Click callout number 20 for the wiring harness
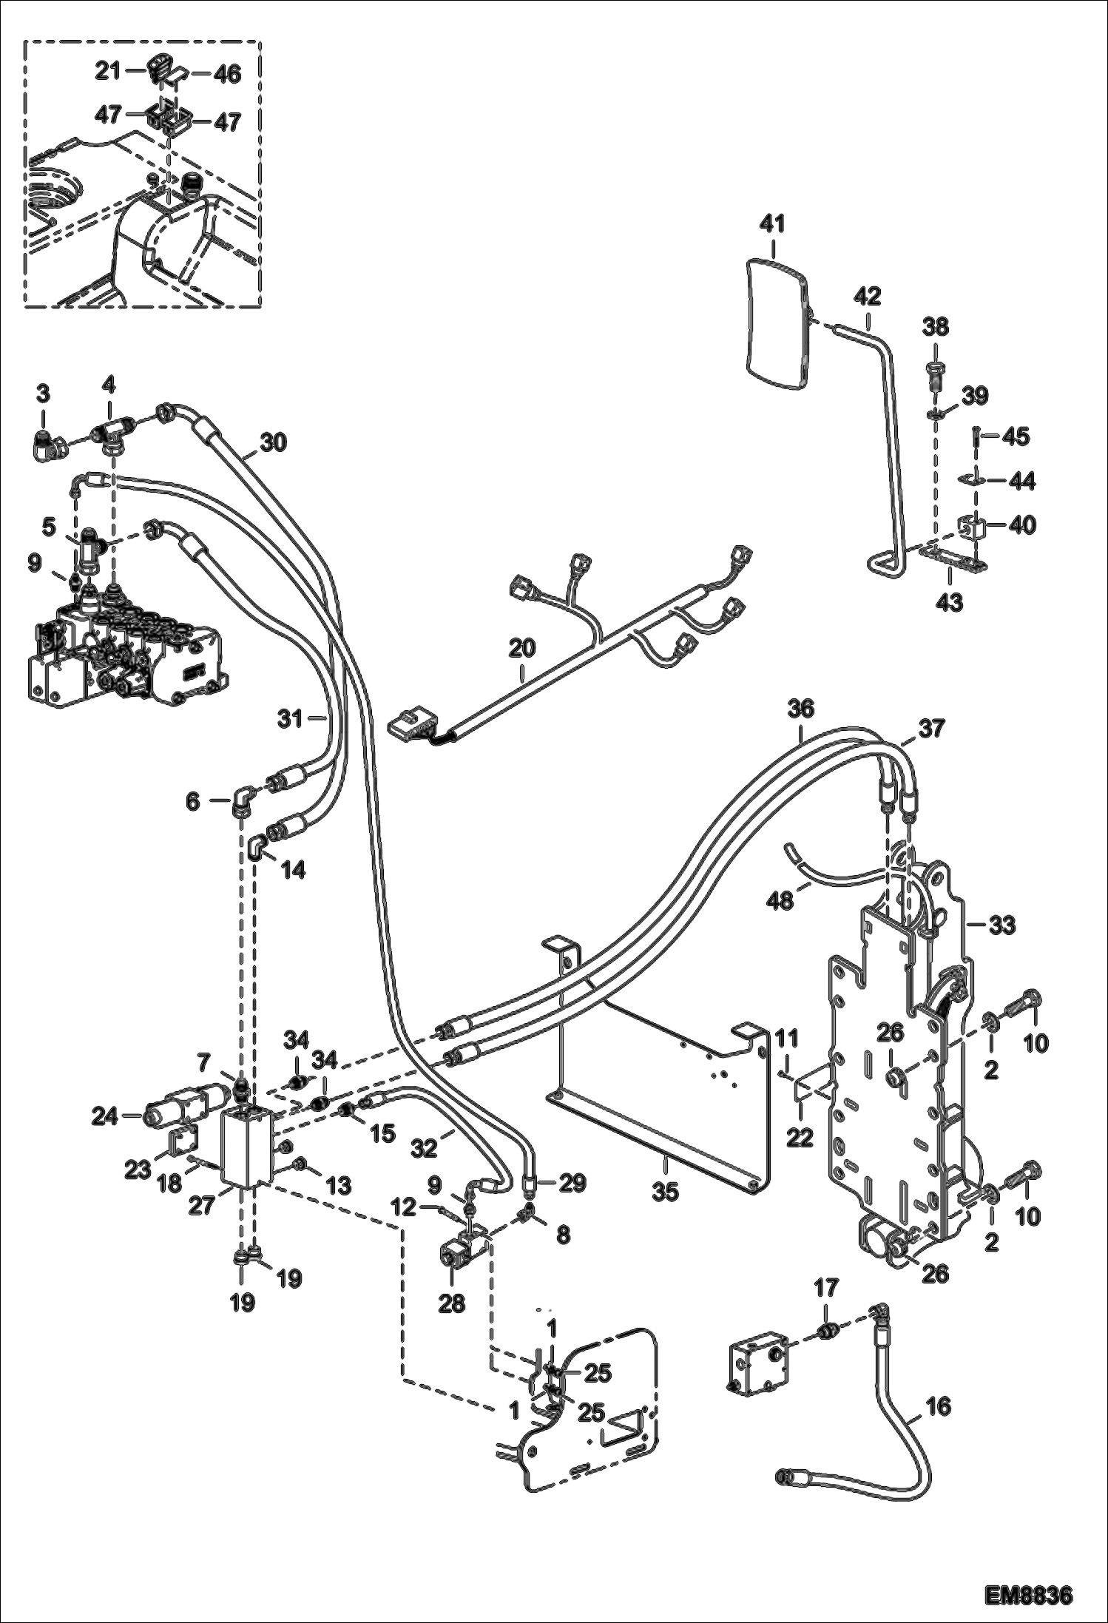521,649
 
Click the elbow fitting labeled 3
50,444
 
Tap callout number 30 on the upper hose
274,442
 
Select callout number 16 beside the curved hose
937,1406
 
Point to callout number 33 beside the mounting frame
1002,925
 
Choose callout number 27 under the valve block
201,1205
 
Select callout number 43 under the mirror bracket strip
950,603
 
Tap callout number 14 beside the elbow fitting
294,870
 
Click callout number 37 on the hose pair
931,729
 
